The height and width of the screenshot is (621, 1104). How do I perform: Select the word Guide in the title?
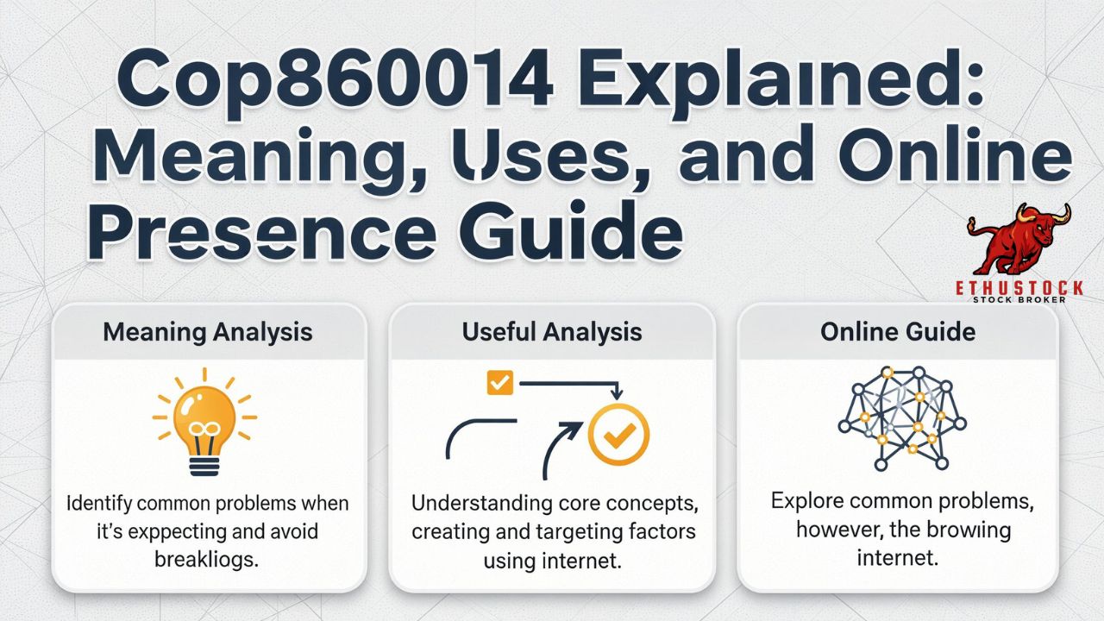pyautogui.click(x=570, y=229)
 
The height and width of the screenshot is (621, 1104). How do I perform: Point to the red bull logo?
pyautogui.click(x=1019, y=239)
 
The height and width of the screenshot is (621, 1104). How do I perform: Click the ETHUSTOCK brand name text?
pyautogui.click(x=1019, y=288)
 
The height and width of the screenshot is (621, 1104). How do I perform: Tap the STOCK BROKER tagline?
pyautogui.click(x=1019, y=299)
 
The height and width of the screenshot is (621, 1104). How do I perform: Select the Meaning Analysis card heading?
pyautogui.click(x=208, y=332)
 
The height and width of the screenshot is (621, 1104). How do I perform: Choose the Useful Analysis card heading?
pyautogui.click(x=551, y=332)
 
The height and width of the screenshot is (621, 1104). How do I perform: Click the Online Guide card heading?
pyautogui.click(x=898, y=332)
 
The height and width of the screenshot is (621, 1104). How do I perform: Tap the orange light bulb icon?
pyautogui.click(x=204, y=422)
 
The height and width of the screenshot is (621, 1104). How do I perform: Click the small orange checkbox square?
pyautogui.click(x=499, y=382)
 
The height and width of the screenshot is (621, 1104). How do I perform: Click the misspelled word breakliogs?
pyautogui.click(x=206, y=560)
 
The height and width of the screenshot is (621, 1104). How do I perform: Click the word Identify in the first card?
pyautogui.click(x=99, y=504)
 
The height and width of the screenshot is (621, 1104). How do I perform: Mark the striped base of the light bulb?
pyautogui.click(x=204, y=467)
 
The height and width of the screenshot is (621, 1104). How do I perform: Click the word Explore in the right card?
pyautogui.click(x=806, y=501)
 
